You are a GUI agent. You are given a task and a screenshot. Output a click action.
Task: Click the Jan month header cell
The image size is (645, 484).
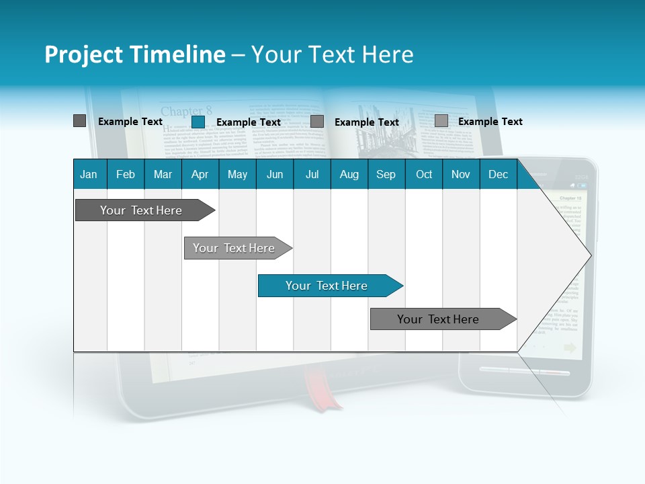click(x=89, y=174)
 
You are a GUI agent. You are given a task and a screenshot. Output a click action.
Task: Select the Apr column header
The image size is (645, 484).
click(x=200, y=174)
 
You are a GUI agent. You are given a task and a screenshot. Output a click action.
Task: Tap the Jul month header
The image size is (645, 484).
click(x=312, y=174)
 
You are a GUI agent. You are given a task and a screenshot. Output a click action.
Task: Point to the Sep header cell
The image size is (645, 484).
click(x=386, y=174)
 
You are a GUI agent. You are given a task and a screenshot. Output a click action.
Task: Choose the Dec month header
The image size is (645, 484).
click(x=498, y=174)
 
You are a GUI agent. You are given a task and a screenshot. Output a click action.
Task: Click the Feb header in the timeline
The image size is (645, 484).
click(x=126, y=174)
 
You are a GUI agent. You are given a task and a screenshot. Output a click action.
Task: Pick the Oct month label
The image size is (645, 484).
click(x=424, y=174)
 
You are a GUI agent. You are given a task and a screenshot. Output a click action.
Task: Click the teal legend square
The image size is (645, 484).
click(x=198, y=122)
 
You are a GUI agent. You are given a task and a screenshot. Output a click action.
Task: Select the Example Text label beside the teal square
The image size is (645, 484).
click(x=248, y=122)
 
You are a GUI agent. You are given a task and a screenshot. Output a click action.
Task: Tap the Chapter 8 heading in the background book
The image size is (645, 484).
click(x=186, y=111)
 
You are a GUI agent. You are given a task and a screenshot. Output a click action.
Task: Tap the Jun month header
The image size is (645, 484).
click(x=275, y=174)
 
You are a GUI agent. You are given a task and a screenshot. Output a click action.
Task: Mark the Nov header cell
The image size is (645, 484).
click(x=461, y=174)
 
